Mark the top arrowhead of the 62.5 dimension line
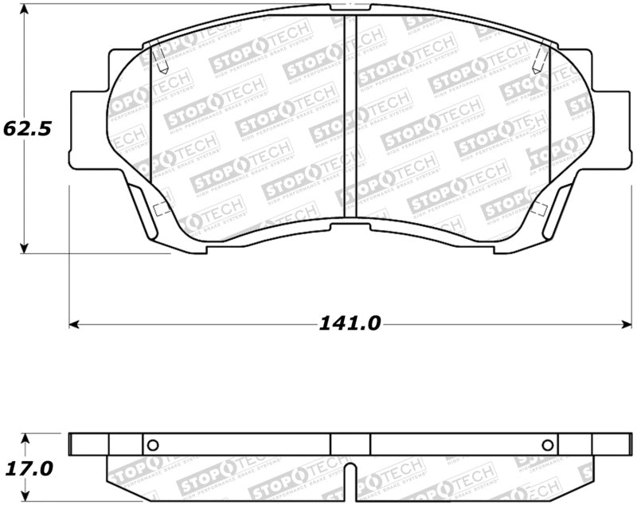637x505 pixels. (25, 9)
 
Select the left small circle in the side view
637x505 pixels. (154, 444)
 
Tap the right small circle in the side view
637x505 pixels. (547, 444)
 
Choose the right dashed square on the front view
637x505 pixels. (538, 209)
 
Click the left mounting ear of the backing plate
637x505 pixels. (88, 129)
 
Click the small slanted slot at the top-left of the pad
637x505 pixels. (158, 57)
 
